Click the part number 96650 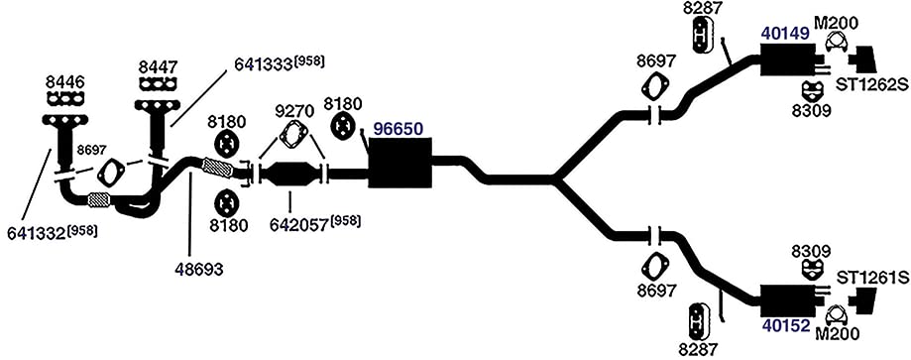[x=399, y=129]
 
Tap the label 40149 [x=785, y=34]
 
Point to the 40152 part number [x=785, y=325]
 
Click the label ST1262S [x=871, y=85]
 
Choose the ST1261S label [x=871, y=278]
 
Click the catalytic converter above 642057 [x=290, y=174]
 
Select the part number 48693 [x=199, y=269]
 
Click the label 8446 [x=65, y=81]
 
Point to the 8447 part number [x=159, y=67]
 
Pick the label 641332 [x=36, y=233]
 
